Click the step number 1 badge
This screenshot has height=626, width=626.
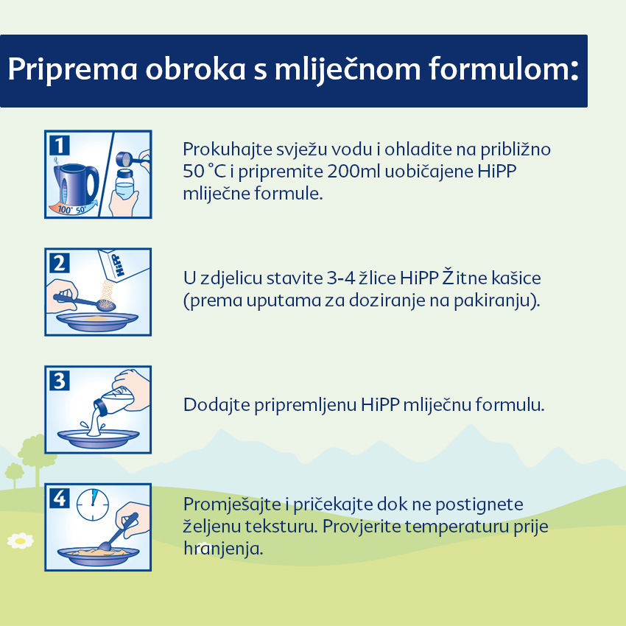point(60,145)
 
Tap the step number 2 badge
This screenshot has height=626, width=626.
point(60,263)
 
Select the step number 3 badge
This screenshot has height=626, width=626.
point(60,381)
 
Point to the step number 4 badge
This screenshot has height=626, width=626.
point(60,499)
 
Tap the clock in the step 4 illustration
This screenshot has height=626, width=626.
point(93,504)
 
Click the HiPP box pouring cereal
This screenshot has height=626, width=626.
point(123,265)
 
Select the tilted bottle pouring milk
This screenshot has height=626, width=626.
point(114,402)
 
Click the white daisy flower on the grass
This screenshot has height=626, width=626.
point(21,541)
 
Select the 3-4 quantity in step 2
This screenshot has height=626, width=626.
point(341,278)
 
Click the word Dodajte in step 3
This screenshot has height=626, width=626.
point(217,405)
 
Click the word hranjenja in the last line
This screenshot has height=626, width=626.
point(223,549)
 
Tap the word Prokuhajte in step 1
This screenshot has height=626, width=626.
point(228,150)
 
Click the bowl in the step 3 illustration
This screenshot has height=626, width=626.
point(98,438)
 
